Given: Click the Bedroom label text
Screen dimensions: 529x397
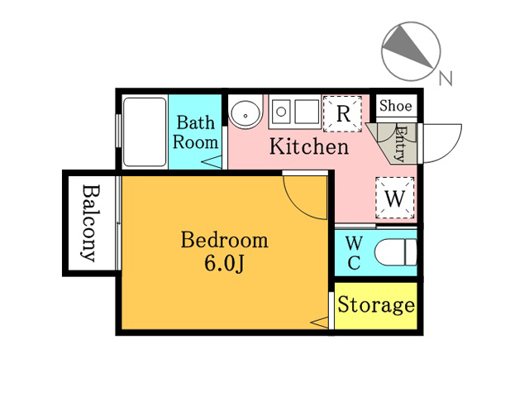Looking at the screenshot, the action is [225, 240].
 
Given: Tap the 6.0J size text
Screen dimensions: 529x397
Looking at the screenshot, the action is [224, 263].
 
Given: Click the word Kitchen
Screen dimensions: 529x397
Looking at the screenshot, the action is [308, 146].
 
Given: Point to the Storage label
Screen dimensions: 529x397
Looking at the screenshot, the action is [376, 305].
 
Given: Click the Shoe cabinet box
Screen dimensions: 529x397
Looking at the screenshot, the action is [397, 106].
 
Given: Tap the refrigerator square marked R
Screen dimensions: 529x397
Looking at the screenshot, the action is [342, 114].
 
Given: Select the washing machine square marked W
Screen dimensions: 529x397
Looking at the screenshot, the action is [395, 198].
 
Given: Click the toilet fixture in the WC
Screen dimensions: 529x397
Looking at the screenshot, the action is [396, 252].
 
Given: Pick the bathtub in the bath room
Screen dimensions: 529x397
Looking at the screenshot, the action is [145, 132].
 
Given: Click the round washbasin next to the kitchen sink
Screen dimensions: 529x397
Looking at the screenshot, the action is [245, 112].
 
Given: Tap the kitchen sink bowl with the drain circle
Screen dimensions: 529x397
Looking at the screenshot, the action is [281, 112].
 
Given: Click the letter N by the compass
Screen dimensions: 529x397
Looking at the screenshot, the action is [446, 79].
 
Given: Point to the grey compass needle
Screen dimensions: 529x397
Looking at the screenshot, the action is [407, 46].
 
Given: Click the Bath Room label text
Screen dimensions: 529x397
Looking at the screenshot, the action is [196, 132].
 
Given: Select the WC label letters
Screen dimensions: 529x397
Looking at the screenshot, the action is [354, 253].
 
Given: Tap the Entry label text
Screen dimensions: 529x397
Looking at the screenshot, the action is [400, 143].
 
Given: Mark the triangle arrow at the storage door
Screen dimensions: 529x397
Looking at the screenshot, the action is [319, 323].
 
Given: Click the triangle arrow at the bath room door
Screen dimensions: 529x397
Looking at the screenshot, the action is [212, 160].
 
